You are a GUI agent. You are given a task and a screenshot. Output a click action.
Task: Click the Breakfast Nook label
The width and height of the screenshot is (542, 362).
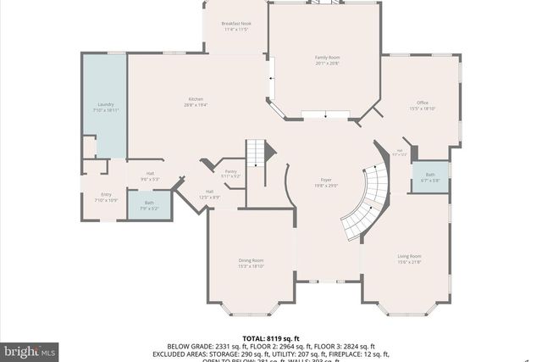pyautogui.click(x=236, y=24)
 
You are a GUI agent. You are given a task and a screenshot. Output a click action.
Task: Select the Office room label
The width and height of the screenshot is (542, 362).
pyautogui.click(x=422, y=103)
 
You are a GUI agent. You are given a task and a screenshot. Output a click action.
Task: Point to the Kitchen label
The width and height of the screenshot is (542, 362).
pyautogui.click(x=195, y=99)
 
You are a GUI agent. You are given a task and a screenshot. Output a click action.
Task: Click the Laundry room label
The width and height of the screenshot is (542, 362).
pyautogui.click(x=106, y=105)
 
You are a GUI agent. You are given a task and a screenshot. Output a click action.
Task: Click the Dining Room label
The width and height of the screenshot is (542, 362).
pyautogui.click(x=251, y=260)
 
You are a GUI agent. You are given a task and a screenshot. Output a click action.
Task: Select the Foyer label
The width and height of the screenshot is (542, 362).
pyautogui.click(x=325, y=181)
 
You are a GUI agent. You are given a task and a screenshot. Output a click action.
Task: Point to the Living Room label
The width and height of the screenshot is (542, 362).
pyautogui.click(x=410, y=255)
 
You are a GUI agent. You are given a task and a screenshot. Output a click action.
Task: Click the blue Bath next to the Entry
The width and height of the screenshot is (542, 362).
pyautogui.click(x=149, y=204)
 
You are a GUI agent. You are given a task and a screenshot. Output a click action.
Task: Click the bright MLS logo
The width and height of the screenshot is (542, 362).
pyautogui.click(x=30, y=349)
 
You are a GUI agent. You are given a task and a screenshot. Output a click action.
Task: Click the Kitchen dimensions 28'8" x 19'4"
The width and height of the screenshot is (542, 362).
pyautogui.click(x=195, y=105)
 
